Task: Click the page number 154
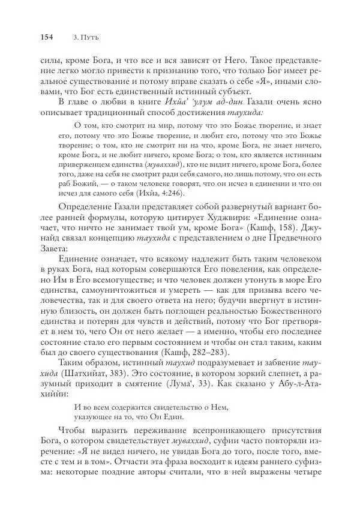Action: pyautogui.click(x=46, y=37)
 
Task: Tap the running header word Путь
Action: pyautogui.click(x=90, y=37)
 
